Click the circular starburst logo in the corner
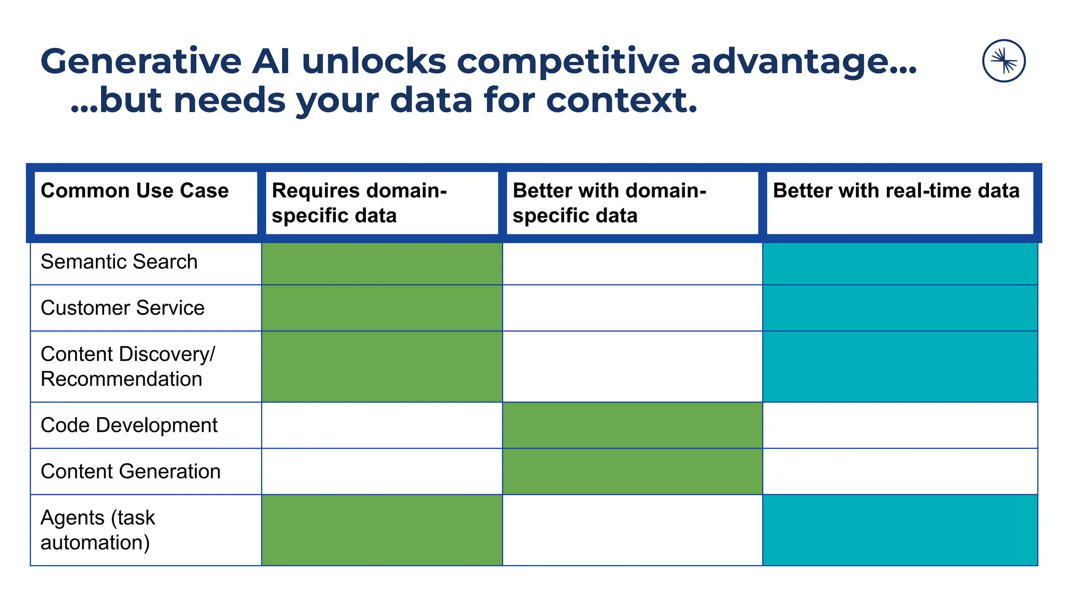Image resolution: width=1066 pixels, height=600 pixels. tap(1004, 61)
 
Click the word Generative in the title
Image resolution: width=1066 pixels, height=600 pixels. tap(141, 61)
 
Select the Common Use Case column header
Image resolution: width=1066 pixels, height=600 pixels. tap(135, 191)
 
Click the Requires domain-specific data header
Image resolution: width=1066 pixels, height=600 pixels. tap(359, 203)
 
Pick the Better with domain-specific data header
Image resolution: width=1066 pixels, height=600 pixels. tap(609, 203)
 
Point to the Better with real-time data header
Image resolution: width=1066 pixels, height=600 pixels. tap(896, 191)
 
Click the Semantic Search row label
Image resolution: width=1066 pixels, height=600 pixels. tap(119, 261)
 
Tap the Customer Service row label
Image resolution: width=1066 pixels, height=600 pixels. tap(122, 308)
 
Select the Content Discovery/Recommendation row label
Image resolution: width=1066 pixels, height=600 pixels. tap(128, 366)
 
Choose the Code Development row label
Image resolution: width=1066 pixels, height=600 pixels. tap(129, 425)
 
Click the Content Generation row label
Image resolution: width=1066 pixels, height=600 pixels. tap(131, 471)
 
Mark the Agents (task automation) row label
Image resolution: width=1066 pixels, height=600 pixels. tap(98, 530)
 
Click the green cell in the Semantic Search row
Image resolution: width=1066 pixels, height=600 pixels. tap(382, 263)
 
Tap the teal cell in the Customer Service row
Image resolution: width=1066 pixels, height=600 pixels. tap(900, 308)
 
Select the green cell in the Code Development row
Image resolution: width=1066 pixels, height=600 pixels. tap(632, 425)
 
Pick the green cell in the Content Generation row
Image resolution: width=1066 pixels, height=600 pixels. tap(632, 471)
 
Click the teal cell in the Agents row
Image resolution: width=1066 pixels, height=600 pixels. tap(900, 530)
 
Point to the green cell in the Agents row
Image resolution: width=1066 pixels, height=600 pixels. tap(382, 530)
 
